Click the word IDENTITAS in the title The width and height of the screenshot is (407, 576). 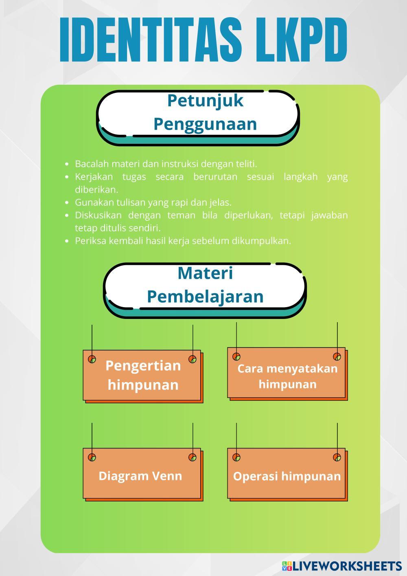[154, 40]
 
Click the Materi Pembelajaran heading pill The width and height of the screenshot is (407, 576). [205, 285]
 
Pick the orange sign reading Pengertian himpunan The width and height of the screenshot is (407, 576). [142, 376]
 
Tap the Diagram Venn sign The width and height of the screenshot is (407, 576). [140, 475]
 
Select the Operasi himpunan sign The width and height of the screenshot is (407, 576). [287, 475]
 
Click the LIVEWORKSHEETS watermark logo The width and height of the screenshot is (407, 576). [342, 566]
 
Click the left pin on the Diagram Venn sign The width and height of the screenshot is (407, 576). [92, 457]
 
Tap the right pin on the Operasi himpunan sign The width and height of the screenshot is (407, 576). [337, 457]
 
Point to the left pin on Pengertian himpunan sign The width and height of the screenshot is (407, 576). [92, 359]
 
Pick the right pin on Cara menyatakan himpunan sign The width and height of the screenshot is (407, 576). [337, 356]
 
